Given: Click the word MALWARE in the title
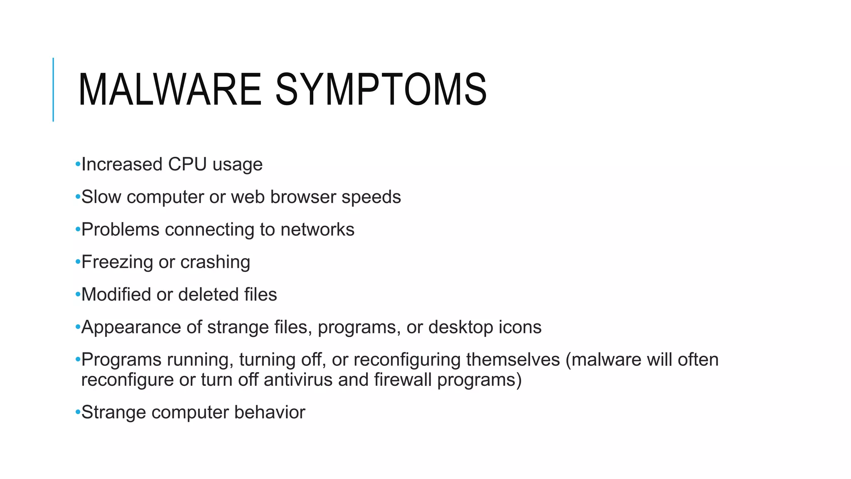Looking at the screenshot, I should tap(170, 89).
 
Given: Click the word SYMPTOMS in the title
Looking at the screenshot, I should tap(381, 89).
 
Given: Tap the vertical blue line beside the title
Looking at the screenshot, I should tap(53, 89).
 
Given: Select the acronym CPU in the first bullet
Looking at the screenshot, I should tap(187, 164).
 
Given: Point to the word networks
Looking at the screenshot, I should tap(317, 230).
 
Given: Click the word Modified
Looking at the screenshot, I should tap(116, 294).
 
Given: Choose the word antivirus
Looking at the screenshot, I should tap(298, 380).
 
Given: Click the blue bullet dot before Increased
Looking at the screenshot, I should tap(78, 165).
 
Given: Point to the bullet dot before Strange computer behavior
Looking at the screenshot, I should tap(78, 412).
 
